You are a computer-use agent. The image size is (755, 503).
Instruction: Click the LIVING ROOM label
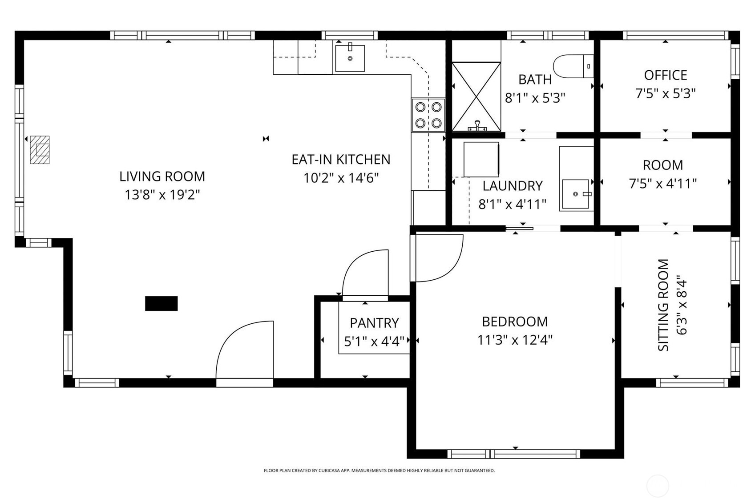point(162,176)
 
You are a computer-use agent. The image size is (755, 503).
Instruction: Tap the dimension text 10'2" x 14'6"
point(341,178)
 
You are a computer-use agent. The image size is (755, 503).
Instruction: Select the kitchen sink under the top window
point(350,58)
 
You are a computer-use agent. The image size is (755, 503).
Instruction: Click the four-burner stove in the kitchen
point(428,115)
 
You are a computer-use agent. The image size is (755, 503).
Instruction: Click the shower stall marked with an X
point(476,97)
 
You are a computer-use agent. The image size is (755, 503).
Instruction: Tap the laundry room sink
point(576,194)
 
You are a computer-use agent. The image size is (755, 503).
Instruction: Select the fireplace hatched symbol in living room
point(40,149)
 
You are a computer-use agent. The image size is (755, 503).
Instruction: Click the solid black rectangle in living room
point(161,303)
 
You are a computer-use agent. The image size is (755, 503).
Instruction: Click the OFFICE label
point(665,75)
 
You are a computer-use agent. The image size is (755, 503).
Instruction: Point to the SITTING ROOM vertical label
point(663,305)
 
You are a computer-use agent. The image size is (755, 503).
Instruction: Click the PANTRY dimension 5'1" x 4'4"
point(374,341)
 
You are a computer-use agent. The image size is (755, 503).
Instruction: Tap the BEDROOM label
point(515,321)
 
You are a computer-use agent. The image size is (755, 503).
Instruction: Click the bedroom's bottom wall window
point(514,454)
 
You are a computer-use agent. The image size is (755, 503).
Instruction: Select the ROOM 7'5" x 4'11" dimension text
point(662,183)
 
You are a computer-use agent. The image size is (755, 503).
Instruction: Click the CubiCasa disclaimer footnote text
point(379,471)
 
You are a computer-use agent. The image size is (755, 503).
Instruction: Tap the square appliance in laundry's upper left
point(481,159)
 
